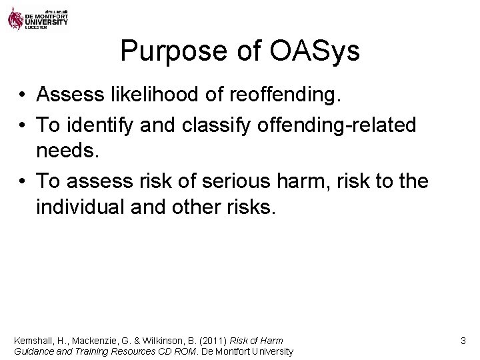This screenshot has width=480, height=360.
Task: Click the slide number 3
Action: [x=463, y=341]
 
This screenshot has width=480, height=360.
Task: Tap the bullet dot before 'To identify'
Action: [x=24, y=125]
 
